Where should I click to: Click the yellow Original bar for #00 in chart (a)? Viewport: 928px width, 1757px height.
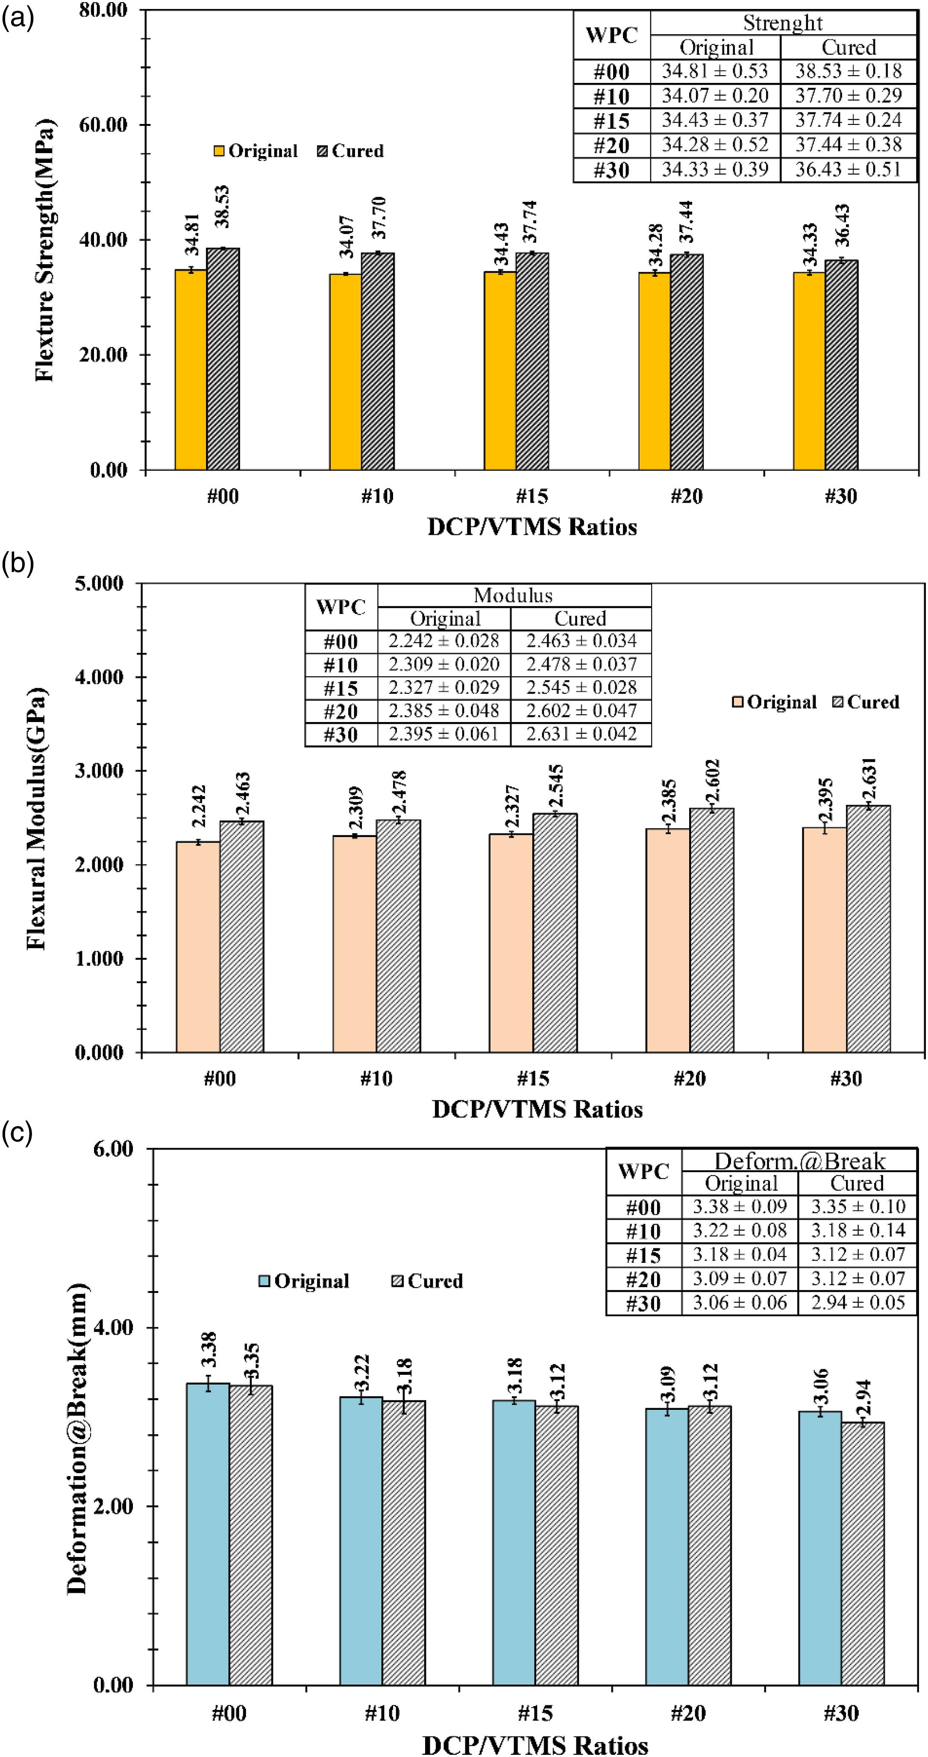pos(191,370)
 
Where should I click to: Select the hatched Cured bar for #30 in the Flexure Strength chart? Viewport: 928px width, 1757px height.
pos(841,365)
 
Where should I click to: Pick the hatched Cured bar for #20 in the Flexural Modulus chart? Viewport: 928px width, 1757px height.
pos(712,930)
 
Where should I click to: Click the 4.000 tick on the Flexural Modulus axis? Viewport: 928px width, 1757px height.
pos(100,677)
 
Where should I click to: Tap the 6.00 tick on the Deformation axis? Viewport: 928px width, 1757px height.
pos(113,1149)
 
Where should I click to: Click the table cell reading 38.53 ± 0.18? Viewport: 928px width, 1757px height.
pos(848,71)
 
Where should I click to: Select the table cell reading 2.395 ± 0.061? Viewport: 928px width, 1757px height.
pos(444,734)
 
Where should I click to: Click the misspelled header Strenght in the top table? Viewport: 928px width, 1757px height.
pos(783,23)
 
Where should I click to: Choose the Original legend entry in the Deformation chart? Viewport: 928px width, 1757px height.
pos(304,1281)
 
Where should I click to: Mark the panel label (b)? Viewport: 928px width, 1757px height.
pos(18,563)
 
